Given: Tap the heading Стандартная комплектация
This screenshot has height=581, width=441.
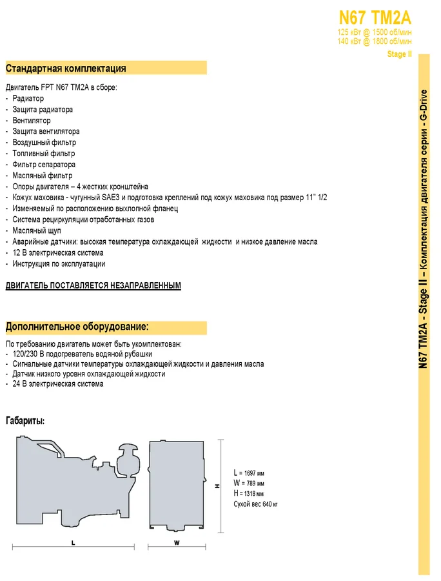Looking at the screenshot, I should (x=66, y=68).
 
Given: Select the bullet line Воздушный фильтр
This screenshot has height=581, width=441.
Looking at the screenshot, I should (x=44, y=142).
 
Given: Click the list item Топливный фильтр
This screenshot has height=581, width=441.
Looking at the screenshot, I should (x=43, y=154).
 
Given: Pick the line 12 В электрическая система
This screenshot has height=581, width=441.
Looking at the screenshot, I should (x=57, y=252).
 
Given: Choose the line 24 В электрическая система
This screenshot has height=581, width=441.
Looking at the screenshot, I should (x=57, y=384).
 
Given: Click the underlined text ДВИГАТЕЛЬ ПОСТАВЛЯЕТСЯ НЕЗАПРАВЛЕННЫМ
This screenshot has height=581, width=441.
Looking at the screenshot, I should (x=93, y=285).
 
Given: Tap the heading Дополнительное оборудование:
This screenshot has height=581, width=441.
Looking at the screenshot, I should (x=77, y=327).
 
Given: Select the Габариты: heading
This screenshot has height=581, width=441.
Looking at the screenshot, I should (x=25, y=421).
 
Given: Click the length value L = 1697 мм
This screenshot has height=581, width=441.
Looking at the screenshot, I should (x=249, y=473).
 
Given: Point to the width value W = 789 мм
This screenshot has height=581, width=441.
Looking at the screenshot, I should (x=249, y=484).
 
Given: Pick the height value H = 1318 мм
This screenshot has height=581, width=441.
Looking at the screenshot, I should (x=249, y=494).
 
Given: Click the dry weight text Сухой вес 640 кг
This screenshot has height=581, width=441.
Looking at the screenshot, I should (x=256, y=504).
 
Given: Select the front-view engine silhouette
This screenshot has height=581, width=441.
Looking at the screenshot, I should (x=177, y=484).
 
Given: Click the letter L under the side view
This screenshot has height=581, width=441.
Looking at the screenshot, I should (x=73, y=544).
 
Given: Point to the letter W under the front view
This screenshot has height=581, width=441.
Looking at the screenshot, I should (x=177, y=544).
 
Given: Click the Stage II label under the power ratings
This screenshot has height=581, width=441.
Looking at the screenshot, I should (x=399, y=54).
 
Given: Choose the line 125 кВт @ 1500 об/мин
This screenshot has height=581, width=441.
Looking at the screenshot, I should (x=375, y=32).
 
